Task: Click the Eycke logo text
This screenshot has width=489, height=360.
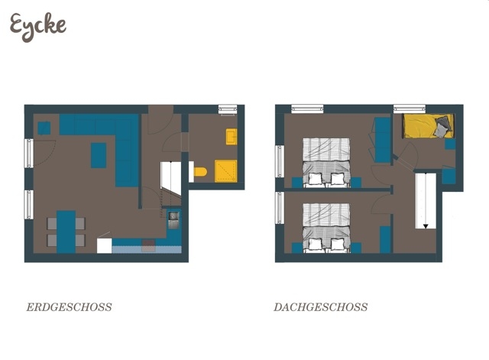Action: [x=37, y=26]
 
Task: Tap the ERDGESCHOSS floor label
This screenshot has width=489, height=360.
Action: [x=69, y=307]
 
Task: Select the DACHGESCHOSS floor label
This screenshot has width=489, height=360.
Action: [x=320, y=307]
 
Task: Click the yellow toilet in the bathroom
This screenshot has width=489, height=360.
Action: [x=200, y=172]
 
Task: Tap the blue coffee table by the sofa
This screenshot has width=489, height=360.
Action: [x=99, y=154]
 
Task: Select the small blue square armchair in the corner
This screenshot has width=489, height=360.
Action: [x=44, y=128]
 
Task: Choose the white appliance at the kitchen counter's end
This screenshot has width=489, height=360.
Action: [x=104, y=245]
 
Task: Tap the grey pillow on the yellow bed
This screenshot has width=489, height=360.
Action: [x=442, y=131]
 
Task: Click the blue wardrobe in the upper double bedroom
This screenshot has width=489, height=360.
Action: [x=382, y=140]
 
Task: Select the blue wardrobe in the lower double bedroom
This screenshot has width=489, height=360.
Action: [x=385, y=238]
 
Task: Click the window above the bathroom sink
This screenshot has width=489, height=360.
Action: [x=228, y=109]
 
